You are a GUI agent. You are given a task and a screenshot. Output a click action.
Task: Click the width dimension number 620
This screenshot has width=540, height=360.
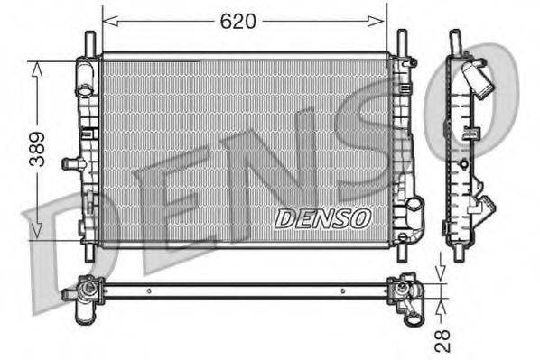(240, 20)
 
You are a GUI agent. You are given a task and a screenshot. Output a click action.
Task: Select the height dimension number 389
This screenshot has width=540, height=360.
(37, 151)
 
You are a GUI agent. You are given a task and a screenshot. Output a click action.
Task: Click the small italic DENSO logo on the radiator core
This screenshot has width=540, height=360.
(322, 217)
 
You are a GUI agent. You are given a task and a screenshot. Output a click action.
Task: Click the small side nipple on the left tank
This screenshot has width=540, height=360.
(69, 163)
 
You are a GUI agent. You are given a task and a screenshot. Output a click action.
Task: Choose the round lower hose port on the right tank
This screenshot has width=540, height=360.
(414, 205)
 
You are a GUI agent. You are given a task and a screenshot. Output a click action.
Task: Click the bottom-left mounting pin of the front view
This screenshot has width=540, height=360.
(89, 253)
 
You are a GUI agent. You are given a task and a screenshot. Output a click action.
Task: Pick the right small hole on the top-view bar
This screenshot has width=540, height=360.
(342, 291)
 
